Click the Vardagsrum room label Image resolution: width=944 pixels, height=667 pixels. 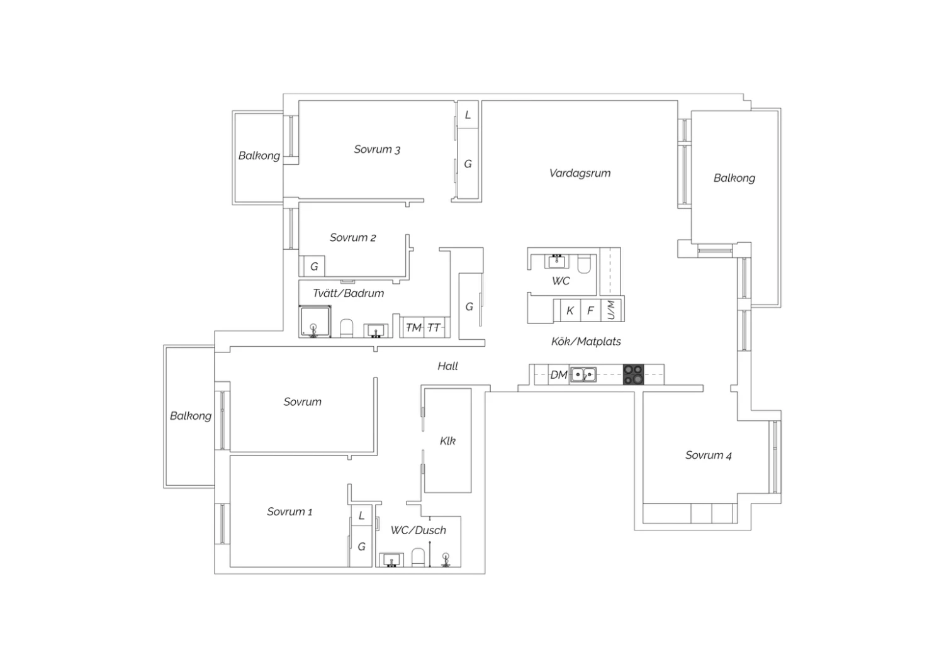[x=580, y=173]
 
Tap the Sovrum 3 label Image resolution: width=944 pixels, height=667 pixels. [x=377, y=149]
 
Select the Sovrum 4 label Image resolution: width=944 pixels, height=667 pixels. [x=709, y=455]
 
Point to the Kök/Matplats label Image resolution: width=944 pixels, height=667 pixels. [x=586, y=341]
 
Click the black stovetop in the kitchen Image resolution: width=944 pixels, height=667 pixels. [x=633, y=374]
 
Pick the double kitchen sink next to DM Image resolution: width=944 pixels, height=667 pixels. [x=583, y=374]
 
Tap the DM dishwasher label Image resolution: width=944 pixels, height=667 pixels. [x=559, y=374]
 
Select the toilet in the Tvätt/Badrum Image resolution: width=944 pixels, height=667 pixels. [x=346, y=328]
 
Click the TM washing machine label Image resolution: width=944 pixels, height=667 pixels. [x=413, y=327]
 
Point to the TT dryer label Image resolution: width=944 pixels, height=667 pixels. [x=434, y=327]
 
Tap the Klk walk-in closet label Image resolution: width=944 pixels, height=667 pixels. [x=447, y=440]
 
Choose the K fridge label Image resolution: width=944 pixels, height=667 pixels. [x=570, y=311]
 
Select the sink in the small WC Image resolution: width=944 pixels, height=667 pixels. [x=557, y=261]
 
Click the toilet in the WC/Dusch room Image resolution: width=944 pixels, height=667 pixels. [x=418, y=558]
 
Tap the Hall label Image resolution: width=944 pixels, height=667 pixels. [x=447, y=366]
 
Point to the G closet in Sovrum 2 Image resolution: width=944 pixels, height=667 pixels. [x=314, y=266]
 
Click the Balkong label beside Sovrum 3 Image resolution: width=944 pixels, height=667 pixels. [x=259, y=156]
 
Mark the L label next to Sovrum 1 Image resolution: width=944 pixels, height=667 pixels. [x=361, y=515]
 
